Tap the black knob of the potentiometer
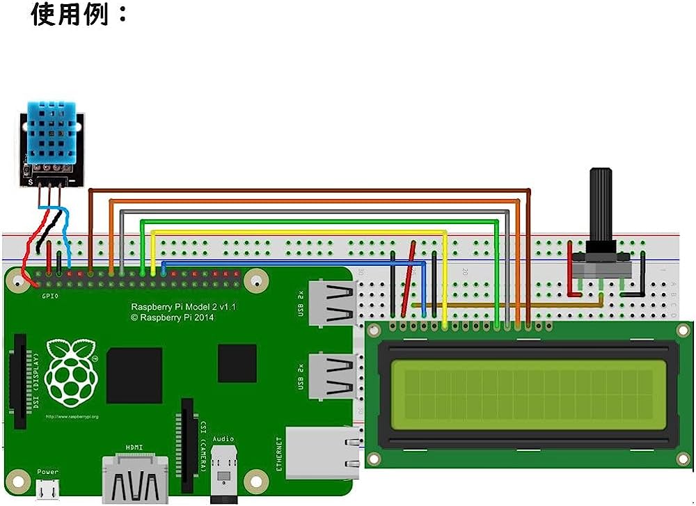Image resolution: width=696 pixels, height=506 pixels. click(601, 209)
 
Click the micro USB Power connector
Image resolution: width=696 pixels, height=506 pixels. click(48, 490)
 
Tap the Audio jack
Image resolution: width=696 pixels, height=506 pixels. click(223, 473)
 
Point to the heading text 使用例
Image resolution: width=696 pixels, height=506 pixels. click(80, 15)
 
